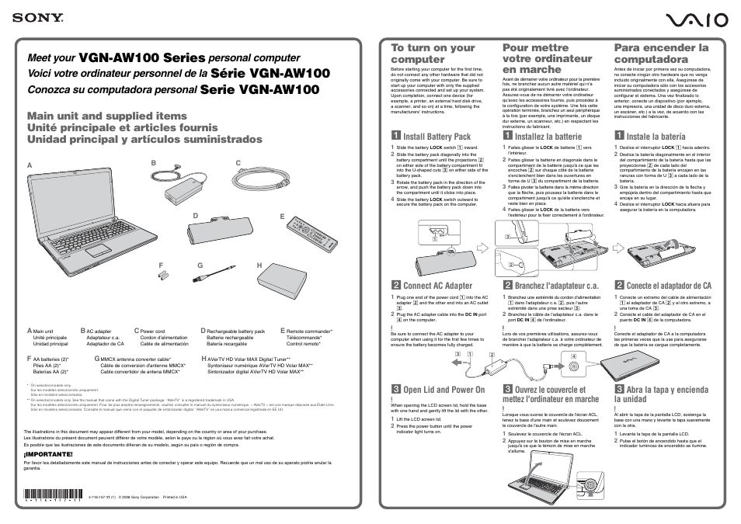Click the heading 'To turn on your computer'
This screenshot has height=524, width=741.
433,53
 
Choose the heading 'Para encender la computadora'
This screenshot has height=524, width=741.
661,53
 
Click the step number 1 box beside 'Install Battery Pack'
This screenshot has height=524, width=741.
396,136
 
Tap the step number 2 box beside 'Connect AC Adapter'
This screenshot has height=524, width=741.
396,286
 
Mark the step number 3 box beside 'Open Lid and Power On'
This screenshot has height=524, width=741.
396,389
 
